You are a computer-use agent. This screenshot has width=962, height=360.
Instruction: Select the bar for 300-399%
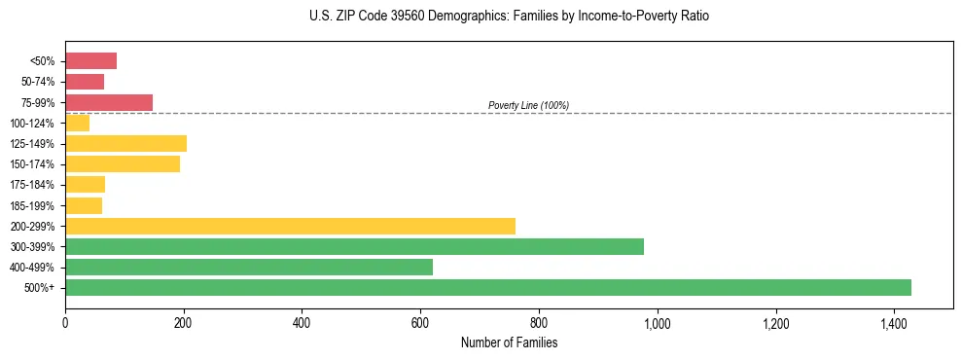coord(354,246)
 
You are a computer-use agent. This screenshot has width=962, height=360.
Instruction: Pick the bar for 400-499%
coord(249,267)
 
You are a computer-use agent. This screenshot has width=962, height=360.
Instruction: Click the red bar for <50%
coord(90,61)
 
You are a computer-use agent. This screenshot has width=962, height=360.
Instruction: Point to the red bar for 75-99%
coord(109,102)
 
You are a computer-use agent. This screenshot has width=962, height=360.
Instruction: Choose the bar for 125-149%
coord(125,144)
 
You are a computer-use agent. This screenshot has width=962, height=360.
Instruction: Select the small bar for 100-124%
coord(77,123)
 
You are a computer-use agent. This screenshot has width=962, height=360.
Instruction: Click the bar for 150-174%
coord(123,164)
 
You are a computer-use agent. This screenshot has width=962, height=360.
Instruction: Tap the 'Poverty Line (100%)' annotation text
coord(528,105)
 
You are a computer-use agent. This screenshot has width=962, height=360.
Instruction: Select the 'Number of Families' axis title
coord(509,342)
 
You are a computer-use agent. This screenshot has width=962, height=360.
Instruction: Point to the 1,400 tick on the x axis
coord(894,322)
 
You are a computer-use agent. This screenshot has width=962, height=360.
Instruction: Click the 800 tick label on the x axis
coord(539,322)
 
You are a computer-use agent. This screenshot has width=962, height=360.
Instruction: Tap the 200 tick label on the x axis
coord(183,322)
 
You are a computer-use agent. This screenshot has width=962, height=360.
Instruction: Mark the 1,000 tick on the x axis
coord(658,322)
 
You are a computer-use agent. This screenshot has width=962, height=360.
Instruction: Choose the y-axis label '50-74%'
coord(38,82)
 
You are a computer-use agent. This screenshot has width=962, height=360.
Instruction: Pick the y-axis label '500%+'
coord(41,288)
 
